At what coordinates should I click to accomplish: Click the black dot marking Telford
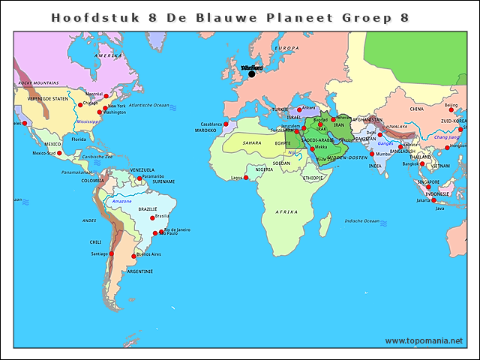tap(252, 73)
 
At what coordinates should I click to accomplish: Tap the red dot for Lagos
tap(246, 177)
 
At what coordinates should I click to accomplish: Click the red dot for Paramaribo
tap(139, 178)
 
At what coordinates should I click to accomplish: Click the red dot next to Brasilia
tap(153, 218)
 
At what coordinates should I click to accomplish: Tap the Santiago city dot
tap(112, 253)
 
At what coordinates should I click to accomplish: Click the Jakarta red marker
tap(433, 200)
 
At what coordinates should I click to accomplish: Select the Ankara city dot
tap(299, 109)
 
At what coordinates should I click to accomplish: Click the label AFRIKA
tap(286, 212)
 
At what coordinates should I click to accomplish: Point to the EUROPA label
tap(288, 48)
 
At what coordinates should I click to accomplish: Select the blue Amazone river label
tap(121, 202)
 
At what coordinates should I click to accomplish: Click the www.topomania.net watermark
tap(424, 340)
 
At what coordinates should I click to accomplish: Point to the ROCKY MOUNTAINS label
tap(38, 82)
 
